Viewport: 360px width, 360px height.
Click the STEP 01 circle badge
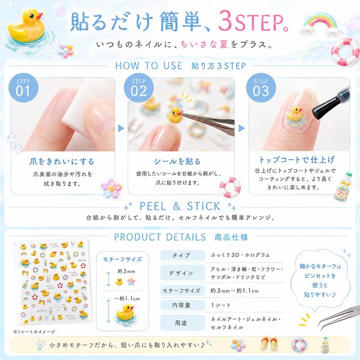point(23,88)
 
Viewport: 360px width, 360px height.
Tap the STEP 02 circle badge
point(138,88)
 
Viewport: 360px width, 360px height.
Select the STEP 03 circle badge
point(261,88)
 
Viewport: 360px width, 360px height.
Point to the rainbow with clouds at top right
point(319,25)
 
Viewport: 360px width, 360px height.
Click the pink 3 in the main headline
point(226,21)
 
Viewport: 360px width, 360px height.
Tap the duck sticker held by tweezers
point(175,115)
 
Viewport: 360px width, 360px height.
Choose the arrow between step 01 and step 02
point(121,128)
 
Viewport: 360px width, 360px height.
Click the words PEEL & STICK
point(180,206)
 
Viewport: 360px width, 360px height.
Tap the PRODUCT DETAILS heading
point(160,237)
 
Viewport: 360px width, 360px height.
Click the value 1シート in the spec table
point(220,305)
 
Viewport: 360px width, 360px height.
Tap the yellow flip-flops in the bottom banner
point(269,344)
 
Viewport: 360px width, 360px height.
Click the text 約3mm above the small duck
point(127,271)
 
